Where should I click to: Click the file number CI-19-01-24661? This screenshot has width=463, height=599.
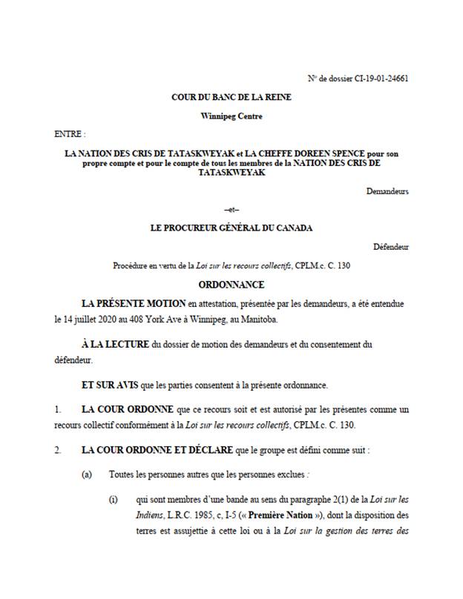[x=378, y=78]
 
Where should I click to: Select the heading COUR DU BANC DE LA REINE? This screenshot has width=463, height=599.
[x=231, y=97]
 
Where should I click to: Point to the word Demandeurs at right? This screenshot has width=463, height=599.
[x=387, y=191]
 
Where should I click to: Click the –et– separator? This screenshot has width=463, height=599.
[x=231, y=211]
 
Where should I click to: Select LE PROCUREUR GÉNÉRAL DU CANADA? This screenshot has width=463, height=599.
[x=231, y=228]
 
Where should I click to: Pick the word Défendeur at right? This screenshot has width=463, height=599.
[x=390, y=247]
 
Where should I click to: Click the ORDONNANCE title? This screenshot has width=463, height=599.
[x=231, y=284]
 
